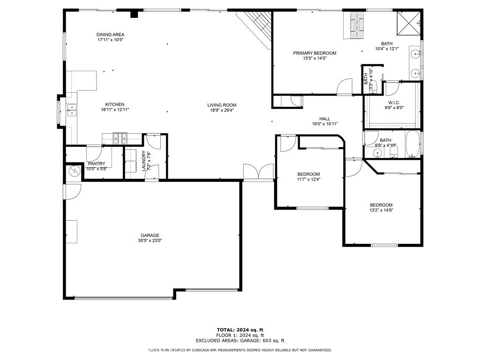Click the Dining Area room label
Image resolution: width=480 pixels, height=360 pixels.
[111, 35]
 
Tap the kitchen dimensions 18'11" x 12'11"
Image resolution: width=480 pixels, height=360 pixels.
[115, 110]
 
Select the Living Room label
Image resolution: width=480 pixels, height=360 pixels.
[222, 105]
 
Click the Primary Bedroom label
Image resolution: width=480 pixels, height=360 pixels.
[315, 53]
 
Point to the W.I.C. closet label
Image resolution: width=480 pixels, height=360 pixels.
[394, 102]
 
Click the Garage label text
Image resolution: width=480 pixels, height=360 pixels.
[150, 235]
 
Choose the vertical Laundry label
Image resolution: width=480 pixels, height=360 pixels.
[144, 161]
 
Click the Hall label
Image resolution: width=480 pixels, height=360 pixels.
[325, 119]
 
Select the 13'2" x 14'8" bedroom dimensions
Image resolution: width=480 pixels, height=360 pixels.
[381, 210]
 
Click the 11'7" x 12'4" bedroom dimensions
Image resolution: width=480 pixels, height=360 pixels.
[308, 179]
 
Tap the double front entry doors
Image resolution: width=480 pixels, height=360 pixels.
[258, 172]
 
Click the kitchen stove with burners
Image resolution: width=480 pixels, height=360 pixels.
[120, 138]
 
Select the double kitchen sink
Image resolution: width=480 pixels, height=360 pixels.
[72, 111]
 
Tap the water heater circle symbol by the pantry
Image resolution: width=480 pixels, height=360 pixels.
[74, 171]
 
